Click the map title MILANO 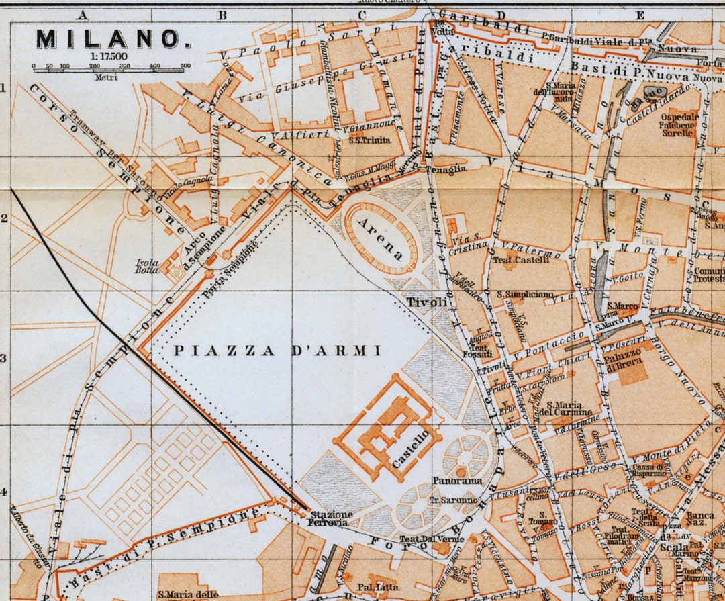coord(111,39)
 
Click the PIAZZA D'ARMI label coord(277,351)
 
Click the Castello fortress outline coord(387,428)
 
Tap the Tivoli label coord(427,303)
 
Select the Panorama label coord(457,481)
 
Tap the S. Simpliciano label coord(525,294)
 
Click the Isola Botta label coord(147,266)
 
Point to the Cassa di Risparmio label coord(648,470)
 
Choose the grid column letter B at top coord(222,15)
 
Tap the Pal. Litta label coord(378,588)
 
